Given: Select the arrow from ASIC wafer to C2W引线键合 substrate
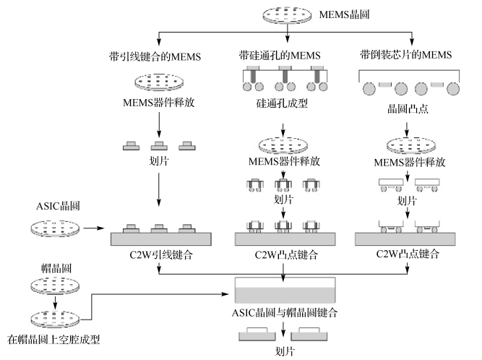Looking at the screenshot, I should (93, 231).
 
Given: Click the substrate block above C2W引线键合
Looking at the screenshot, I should (157, 239).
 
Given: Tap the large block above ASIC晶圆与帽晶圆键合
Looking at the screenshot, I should (288, 291).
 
